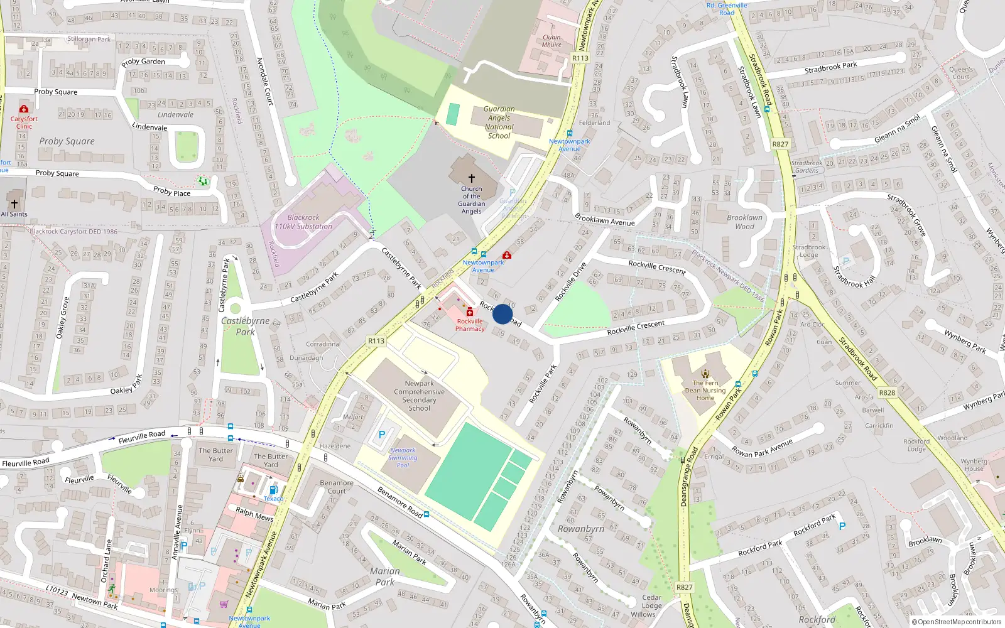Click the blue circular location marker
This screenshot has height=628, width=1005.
pos(503,314)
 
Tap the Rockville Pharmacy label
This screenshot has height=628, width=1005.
pos(470,325)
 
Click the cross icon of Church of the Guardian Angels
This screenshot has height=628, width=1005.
pos(472,178)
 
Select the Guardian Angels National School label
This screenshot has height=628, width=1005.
pos(499,122)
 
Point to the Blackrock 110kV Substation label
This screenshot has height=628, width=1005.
pos(303,222)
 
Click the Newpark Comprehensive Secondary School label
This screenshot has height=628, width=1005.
pos(419,396)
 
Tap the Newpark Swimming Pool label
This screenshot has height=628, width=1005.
pos(403,458)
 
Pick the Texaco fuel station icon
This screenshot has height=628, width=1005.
pos(273,490)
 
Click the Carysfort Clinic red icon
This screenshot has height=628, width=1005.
pos(24,109)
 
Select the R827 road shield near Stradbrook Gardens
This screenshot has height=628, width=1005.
pos(780,144)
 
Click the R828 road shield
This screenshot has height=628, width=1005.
pos(887,392)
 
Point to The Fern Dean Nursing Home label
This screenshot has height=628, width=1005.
pos(705,390)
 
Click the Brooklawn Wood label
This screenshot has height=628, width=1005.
pos(744,222)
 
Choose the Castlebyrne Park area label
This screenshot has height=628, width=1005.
pos(245,326)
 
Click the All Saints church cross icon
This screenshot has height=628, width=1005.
pos(14,204)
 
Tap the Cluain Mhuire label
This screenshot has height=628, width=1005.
pos(551,41)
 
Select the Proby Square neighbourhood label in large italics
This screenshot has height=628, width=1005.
pos(67,141)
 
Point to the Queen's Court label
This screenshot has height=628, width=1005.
pos(961,73)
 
